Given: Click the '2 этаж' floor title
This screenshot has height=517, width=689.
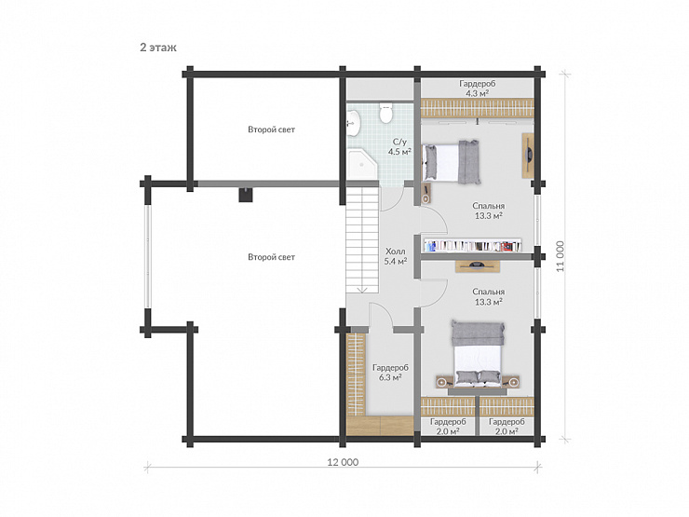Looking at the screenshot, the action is tap(158, 48).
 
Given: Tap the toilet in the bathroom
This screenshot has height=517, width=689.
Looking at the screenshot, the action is tap(385, 113).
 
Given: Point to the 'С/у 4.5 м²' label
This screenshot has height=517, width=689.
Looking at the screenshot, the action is tap(399, 147).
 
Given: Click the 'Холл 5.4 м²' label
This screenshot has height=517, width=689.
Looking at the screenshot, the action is tap(396, 256).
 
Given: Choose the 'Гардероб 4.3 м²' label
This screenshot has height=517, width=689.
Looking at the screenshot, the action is tap(478, 88).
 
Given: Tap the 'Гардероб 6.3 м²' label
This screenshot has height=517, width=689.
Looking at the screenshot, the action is tap(390, 373).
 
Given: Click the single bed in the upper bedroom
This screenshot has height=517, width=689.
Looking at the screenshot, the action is tap(451, 162).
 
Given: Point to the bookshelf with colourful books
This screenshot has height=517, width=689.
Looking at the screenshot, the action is tap(473, 245).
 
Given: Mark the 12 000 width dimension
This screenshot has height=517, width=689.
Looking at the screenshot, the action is tap(343, 462).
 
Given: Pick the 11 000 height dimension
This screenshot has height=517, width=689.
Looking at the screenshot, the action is tap(561, 256).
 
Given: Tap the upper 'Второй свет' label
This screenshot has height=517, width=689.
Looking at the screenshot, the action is tap(271, 129).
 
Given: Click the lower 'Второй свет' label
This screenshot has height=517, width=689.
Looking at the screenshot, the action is tap(271, 257).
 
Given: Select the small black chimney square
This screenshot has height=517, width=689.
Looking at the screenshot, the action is tap(246, 195).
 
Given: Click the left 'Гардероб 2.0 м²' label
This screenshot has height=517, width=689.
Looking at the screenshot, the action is tap(448, 427).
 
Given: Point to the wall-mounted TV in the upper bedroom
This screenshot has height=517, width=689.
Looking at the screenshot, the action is tap(528, 155).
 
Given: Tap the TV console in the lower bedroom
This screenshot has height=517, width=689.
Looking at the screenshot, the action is tap(478, 266).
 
